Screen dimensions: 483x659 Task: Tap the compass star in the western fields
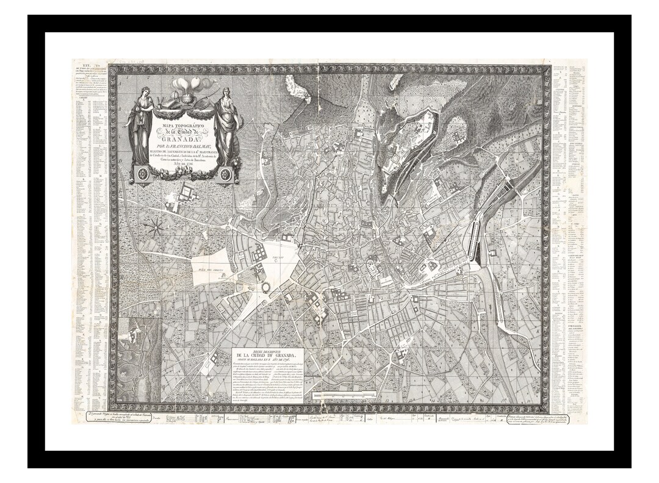154,227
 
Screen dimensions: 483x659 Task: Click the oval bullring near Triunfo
267,287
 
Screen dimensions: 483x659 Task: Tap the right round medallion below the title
225,174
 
